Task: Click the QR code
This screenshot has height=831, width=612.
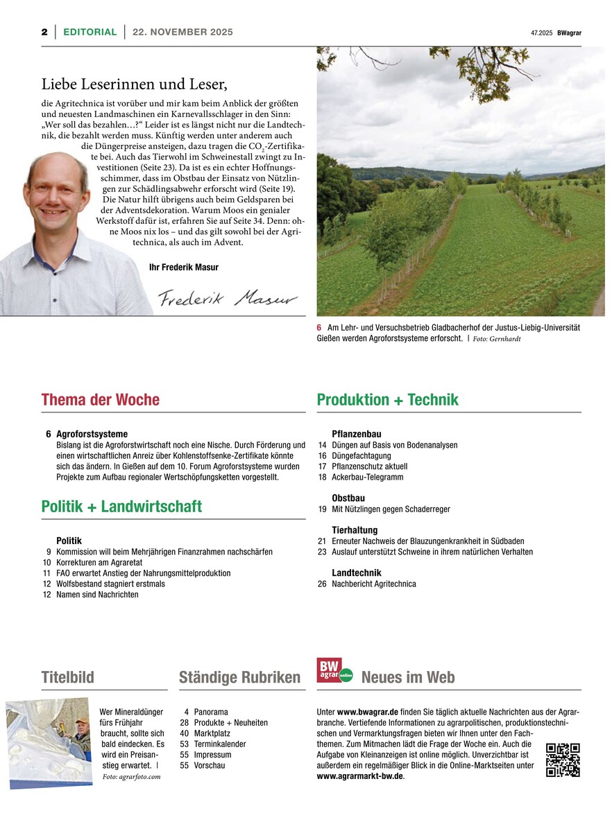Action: (x=563, y=760)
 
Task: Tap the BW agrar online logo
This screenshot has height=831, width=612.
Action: (x=334, y=671)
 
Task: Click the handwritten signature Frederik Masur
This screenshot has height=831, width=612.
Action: (x=228, y=298)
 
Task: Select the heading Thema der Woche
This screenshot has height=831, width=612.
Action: (x=101, y=400)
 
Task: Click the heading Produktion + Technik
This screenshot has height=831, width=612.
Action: (x=387, y=400)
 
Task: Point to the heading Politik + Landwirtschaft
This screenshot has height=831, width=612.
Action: (x=121, y=507)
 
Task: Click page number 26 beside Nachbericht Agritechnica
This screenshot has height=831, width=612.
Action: (x=322, y=584)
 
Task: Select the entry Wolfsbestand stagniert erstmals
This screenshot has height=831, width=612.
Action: (x=110, y=584)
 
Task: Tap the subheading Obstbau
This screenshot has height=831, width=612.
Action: (x=348, y=498)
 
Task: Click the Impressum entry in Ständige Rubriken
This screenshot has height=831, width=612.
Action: (x=213, y=755)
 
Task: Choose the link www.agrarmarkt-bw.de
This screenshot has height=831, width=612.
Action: (x=359, y=776)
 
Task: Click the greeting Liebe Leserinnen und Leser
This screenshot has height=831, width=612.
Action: (x=135, y=85)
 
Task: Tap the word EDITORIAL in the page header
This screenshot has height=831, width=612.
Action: (x=90, y=32)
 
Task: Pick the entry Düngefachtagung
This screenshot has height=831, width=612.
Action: (x=362, y=456)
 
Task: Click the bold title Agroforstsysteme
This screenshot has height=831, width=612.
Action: (x=92, y=434)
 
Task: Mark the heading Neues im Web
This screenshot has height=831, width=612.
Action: (x=408, y=677)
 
